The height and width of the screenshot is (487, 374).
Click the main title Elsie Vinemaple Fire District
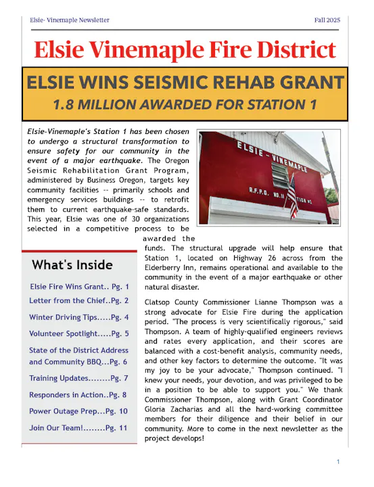pyautogui.click(x=185, y=49)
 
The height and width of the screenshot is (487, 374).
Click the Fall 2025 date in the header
pyautogui.click(x=327, y=20)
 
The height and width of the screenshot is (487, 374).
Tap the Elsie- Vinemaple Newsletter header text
pyautogui.click(x=70, y=20)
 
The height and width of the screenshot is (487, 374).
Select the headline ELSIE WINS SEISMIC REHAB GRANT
pyautogui.click(x=185, y=83)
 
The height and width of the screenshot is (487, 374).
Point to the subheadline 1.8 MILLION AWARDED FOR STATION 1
pyautogui.click(x=185, y=105)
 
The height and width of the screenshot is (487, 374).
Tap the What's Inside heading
pyautogui.click(x=72, y=264)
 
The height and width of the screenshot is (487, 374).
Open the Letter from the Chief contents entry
pyautogui.click(x=78, y=300)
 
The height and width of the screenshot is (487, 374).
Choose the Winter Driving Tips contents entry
pyautogui.click(x=78, y=317)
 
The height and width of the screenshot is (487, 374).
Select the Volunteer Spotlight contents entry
pyautogui.click(x=78, y=333)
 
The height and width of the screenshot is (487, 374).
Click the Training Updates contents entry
pyautogui.click(x=78, y=377)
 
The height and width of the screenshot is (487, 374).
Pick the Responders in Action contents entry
pyautogui.click(x=78, y=394)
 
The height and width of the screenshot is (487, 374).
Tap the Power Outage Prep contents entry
pyautogui.click(x=78, y=411)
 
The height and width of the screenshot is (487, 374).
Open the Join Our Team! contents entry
pyautogui.click(x=78, y=427)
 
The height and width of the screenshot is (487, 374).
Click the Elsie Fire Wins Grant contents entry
pyautogui.click(x=78, y=287)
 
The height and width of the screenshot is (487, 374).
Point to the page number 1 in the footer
pyautogui.click(x=337, y=461)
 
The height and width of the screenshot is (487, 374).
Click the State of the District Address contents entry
pyautogui.click(x=78, y=356)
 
